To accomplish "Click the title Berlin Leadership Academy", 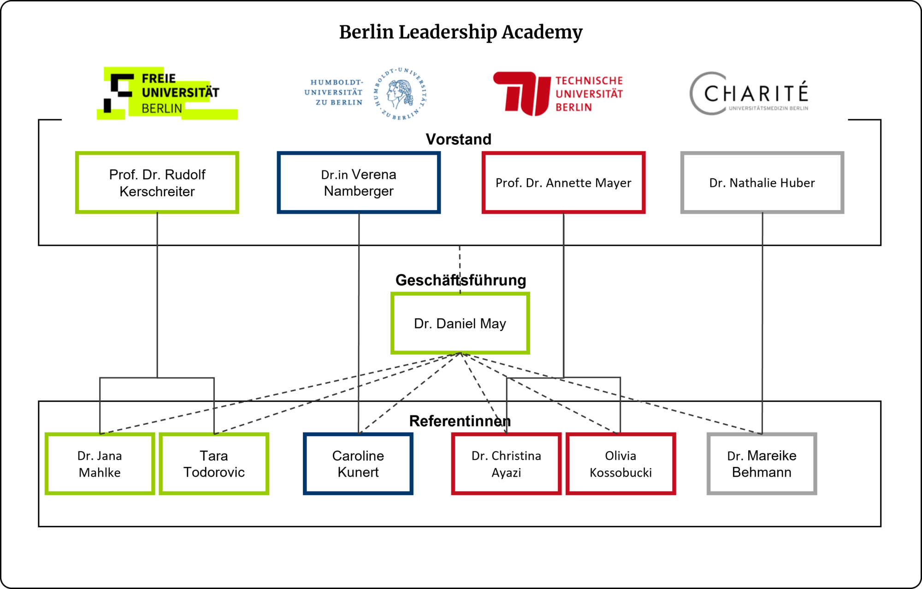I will [x=461, y=32].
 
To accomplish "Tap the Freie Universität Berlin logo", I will [x=167, y=93].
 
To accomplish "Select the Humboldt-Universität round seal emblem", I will [x=400, y=93].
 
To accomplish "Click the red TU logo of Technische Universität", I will [x=522, y=93].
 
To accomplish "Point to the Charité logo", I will [x=749, y=93].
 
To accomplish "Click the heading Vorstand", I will [x=458, y=139].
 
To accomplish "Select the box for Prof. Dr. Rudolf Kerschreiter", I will [x=157, y=182].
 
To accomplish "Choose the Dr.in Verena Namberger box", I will [x=359, y=182].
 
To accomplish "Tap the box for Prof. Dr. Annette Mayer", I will [x=563, y=182].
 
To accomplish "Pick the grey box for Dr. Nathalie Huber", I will [x=762, y=182].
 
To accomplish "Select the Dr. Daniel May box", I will [x=460, y=323].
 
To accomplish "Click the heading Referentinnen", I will [x=460, y=421].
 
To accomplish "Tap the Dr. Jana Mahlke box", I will [x=100, y=464].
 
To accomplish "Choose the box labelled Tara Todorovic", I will [x=214, y=464].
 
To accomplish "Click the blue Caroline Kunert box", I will [x=358, y=464].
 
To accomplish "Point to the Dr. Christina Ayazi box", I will [x=506, y=464].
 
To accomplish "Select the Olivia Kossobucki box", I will [x=621, y=464].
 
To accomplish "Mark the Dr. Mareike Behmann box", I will [x=762, y=464].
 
